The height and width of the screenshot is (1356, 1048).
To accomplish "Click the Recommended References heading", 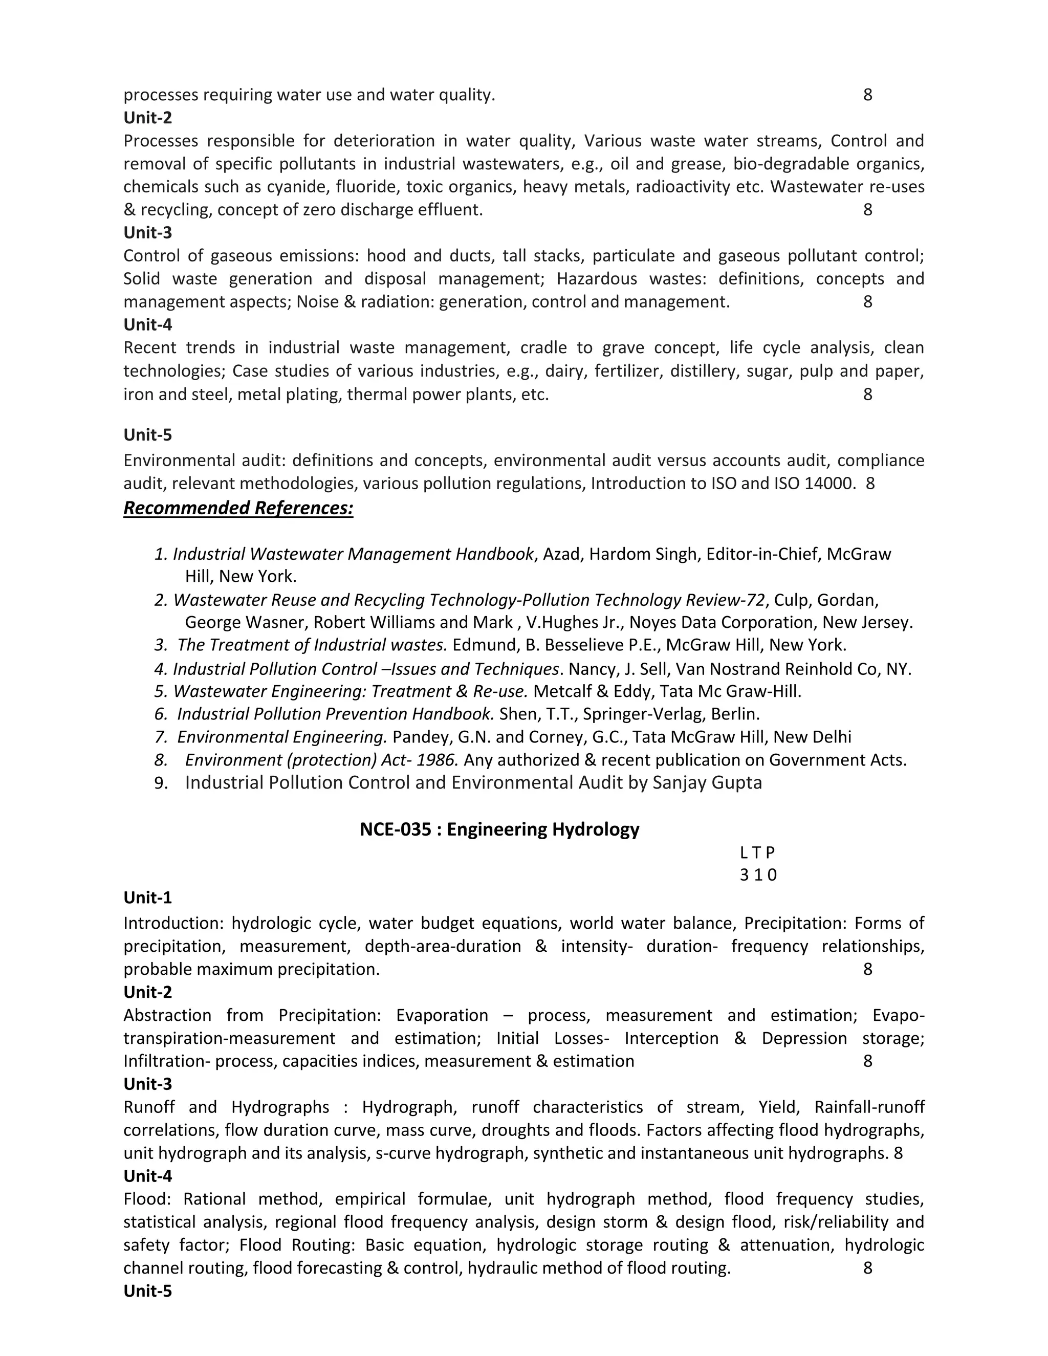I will tap(238, 508).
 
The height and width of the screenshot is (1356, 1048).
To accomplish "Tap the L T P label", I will tap(757, 853).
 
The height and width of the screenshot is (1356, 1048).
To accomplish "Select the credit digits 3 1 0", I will tap(757, 875).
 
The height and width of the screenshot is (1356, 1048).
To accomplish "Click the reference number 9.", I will tap(161, 783).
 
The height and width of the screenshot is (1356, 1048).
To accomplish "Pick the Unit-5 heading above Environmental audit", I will tap(148, 434).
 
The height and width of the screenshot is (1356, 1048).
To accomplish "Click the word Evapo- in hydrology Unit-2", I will tap(898, 1015).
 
